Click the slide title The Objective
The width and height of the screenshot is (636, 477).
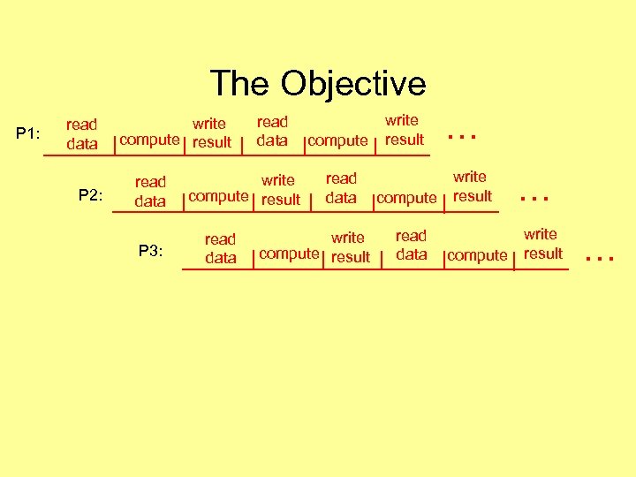tap(318, 84)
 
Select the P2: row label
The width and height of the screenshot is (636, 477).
tap(91, 195)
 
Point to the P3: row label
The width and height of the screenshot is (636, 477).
tap(151, 251)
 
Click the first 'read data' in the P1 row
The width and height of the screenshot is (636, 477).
tap(82, 133)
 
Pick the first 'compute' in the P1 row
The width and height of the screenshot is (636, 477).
tap(149, 139)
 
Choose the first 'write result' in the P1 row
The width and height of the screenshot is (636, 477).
tap(211, 132)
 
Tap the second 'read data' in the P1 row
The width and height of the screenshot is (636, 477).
tap(272, 131)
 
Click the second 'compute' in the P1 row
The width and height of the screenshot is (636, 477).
tap(337, 140)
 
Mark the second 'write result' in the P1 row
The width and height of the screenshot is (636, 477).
tap(404, 129)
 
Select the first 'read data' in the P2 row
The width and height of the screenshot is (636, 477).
tap(150, 192)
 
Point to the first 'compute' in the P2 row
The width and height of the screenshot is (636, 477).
tap(218, 196)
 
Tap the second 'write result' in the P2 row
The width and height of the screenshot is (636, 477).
tap(472, 186)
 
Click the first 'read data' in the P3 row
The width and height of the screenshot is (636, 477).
tap(220, 248)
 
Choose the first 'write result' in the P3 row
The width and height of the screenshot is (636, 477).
tap(350, 247)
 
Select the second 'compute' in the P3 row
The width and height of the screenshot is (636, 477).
tap(477, 255)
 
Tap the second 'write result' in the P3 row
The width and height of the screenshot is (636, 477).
tap(541, 244)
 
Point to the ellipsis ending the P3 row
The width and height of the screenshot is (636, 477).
tap(599, 258)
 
